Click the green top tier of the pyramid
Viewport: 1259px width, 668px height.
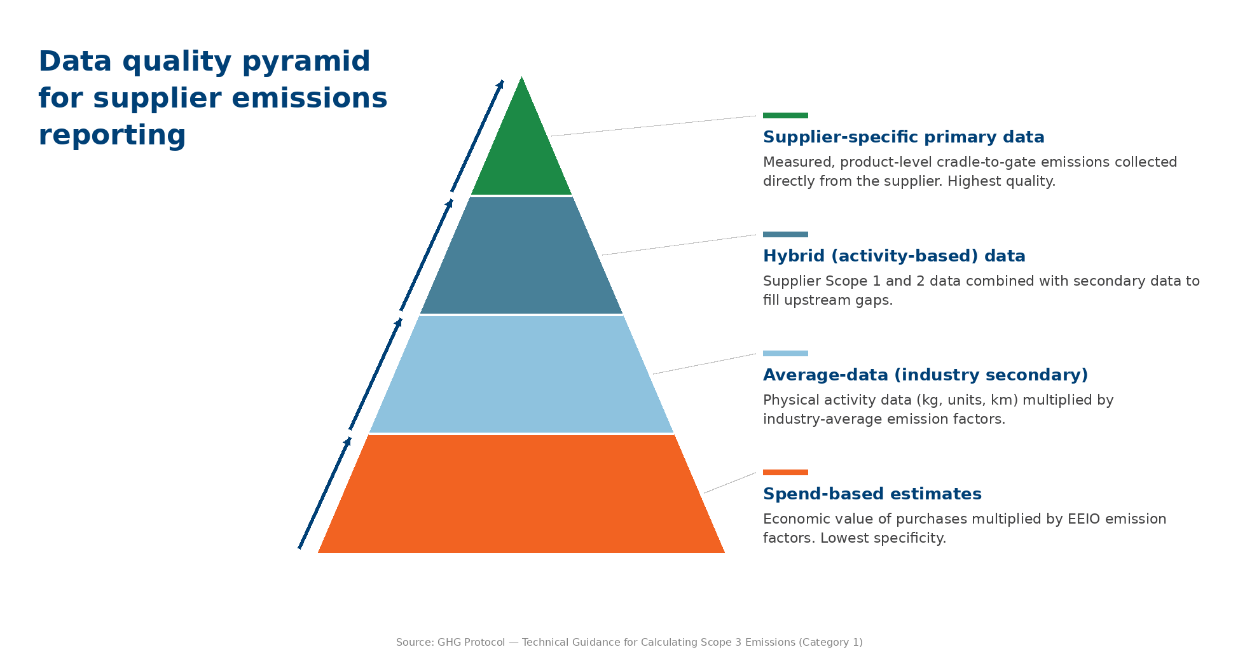(x=521, y=153)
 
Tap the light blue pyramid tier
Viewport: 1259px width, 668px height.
(x=521, y=374)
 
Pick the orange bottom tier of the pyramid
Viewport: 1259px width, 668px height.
(x=521, y=494)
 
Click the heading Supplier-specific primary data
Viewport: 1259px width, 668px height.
(x=903, y=137)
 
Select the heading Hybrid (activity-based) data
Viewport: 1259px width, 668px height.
(x=893, y=256)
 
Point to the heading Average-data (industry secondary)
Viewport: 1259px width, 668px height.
(x=925, y=375)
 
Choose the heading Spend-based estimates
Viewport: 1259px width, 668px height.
(x=872, y=494)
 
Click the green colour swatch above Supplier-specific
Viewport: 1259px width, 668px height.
(x=785, y=116)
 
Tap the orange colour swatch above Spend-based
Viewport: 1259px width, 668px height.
(x=785, y=473)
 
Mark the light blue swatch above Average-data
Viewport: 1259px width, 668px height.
(x=785, y=354)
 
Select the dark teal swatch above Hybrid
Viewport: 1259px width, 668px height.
(x=785, y=235)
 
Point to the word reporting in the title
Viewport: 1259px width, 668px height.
(x=112, y=136)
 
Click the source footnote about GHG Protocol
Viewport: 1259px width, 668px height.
(x=629, y=643)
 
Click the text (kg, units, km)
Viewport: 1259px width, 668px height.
(x=967, y=400)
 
